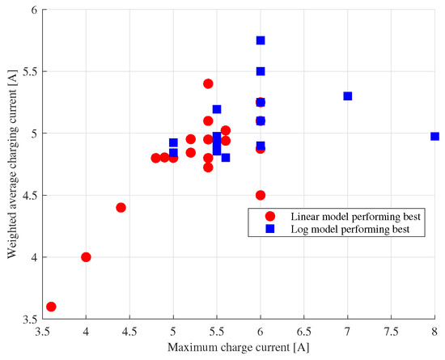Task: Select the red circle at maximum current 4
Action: coord(86,257)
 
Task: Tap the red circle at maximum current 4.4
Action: coord(121,207)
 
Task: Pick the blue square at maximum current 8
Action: coord(434,137)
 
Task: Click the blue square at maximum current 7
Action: coord(348,96)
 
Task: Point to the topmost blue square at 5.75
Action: coord(261,40)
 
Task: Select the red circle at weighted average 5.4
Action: coord(208,83)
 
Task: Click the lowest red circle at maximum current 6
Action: coord(261,195)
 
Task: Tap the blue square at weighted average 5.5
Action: coord(261,71)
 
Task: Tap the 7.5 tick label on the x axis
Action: coord(392,332)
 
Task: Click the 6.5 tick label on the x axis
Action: coord(304,332)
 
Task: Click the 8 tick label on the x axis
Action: coord(435,332)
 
